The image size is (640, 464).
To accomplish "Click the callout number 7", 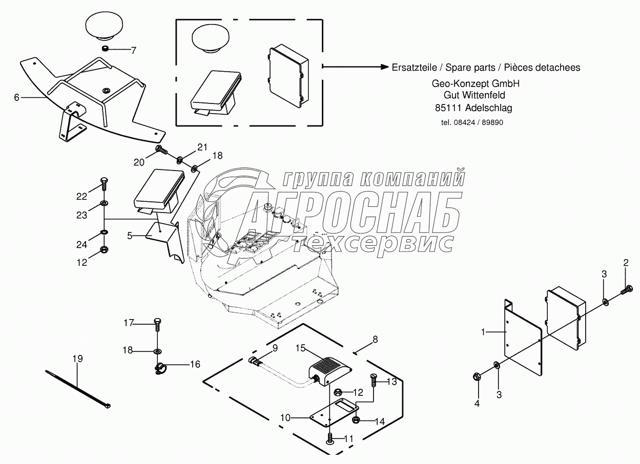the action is (134, 50).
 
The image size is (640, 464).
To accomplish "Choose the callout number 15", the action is (300, 348).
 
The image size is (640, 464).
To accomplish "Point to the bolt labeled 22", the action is (105, 182).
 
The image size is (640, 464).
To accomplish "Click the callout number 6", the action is (16, 97).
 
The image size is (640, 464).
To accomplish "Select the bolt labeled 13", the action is (374, 381).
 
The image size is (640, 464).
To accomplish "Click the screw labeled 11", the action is (329, 438).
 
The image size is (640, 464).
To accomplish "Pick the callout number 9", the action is (275, 348).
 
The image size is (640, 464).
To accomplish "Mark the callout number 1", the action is (483, 332).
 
